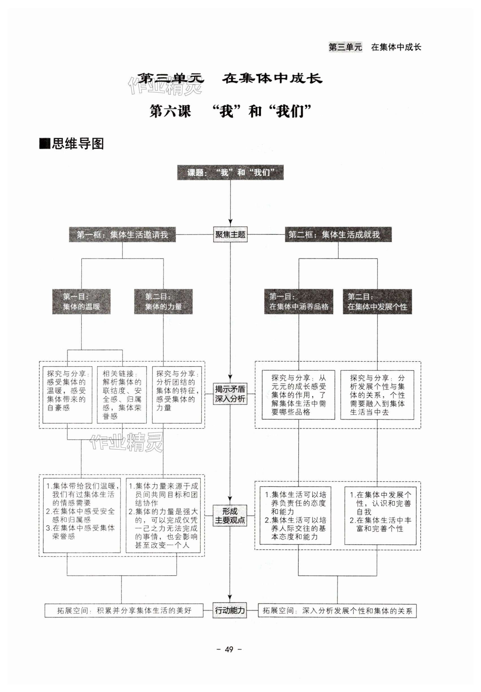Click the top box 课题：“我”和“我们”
pyautogui.click(x=230, y=172)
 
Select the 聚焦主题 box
pyautogui.click(x=230, y=234)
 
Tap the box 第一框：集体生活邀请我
pyautogui.click(x=122, y=234)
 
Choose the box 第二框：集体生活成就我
pyautogui.click(x=338, y=234)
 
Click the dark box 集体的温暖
pyautogui.click(x=81, y=302)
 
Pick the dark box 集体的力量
pyautogui.click(x=163, y=302)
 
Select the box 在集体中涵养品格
pyautogui.click(x=298, y=302)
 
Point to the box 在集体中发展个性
pyautogui.click(x=377, y=302)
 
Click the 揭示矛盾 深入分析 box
pyautogui.click(x=230, y=394)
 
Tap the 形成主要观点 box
pyautogui.click(x=230, y=515)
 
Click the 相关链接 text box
pyautogui.click(x=122, y=395)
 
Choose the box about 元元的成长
pyautogui.click(x=298, y=395)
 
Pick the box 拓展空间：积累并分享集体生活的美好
pyautogui.click(x=124, y=611)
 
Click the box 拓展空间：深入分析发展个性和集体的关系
pyautogui.click(x=337, y=611)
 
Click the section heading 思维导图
pyautogui.click(x=77, y=144)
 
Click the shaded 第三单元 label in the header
pyautogui.click(x=345, y=47)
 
